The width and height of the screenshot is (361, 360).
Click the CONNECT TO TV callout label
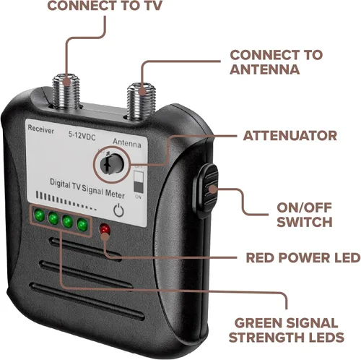click(x=105, y=5)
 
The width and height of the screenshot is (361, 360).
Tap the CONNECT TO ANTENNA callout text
click(x=276, y=62)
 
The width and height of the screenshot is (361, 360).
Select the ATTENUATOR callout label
click(x=290, y=136)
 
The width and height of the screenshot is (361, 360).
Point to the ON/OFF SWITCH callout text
click(x=305, y=215)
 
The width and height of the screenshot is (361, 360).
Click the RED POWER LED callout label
click(x=303, y=257)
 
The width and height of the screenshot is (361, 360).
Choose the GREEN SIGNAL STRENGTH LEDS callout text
click(x=287, y=330)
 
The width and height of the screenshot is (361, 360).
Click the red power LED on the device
click(x=105, y=229)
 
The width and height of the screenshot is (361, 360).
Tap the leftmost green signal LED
click(x=40, y=215)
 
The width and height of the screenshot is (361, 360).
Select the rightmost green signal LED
click(x=82, y=225)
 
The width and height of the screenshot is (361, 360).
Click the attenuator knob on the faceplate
click(x=113, y=164)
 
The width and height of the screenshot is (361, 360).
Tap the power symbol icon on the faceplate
click(x=118, y=210)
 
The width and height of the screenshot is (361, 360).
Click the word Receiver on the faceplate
click(x=41, y=129)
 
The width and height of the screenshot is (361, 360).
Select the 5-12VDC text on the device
click(x=82, y=136)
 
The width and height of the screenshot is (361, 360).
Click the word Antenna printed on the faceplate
click(x=127, y=143)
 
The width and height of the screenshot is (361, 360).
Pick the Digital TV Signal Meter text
click(x=87, y=189)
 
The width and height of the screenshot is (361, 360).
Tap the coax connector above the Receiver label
click(x=66, y=91)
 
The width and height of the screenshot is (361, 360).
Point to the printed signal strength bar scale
click(x=66, y=201)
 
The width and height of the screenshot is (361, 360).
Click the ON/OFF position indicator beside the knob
click(x=139, y=181)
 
